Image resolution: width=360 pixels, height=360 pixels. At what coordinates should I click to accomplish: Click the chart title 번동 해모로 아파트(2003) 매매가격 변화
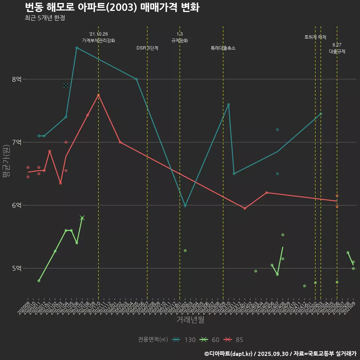tap(112, 7)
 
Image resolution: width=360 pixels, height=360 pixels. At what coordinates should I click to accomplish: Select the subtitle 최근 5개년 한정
tap(45, 18)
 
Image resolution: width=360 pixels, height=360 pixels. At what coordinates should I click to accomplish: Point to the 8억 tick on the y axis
tap(16, 79)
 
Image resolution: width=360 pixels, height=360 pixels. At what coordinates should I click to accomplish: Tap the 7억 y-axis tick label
tap(16, 142)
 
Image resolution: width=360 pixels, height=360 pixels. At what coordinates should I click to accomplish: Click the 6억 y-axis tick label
tap(16, 205)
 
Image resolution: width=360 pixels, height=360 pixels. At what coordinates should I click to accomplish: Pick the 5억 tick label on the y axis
tap(16, 268)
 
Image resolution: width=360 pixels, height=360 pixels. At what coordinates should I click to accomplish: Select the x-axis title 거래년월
tap(190, 320)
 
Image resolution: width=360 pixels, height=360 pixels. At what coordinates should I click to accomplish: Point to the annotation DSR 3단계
tap(147, 48)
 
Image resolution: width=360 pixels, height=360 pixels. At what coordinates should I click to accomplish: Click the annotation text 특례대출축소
tap(223, 48)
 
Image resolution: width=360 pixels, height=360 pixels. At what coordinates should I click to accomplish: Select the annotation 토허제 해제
tap(315, 37)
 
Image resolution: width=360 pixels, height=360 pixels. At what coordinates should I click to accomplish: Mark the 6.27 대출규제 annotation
tap(337, 48)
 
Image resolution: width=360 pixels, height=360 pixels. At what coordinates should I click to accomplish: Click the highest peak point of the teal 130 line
tap(76, 48)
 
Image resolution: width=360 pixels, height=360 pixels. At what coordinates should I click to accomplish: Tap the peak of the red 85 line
tap(98, 95)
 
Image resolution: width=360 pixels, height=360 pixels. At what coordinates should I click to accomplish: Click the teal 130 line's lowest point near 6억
tap(185, 206)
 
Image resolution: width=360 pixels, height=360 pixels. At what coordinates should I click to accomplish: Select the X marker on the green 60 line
tap(82, 218)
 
